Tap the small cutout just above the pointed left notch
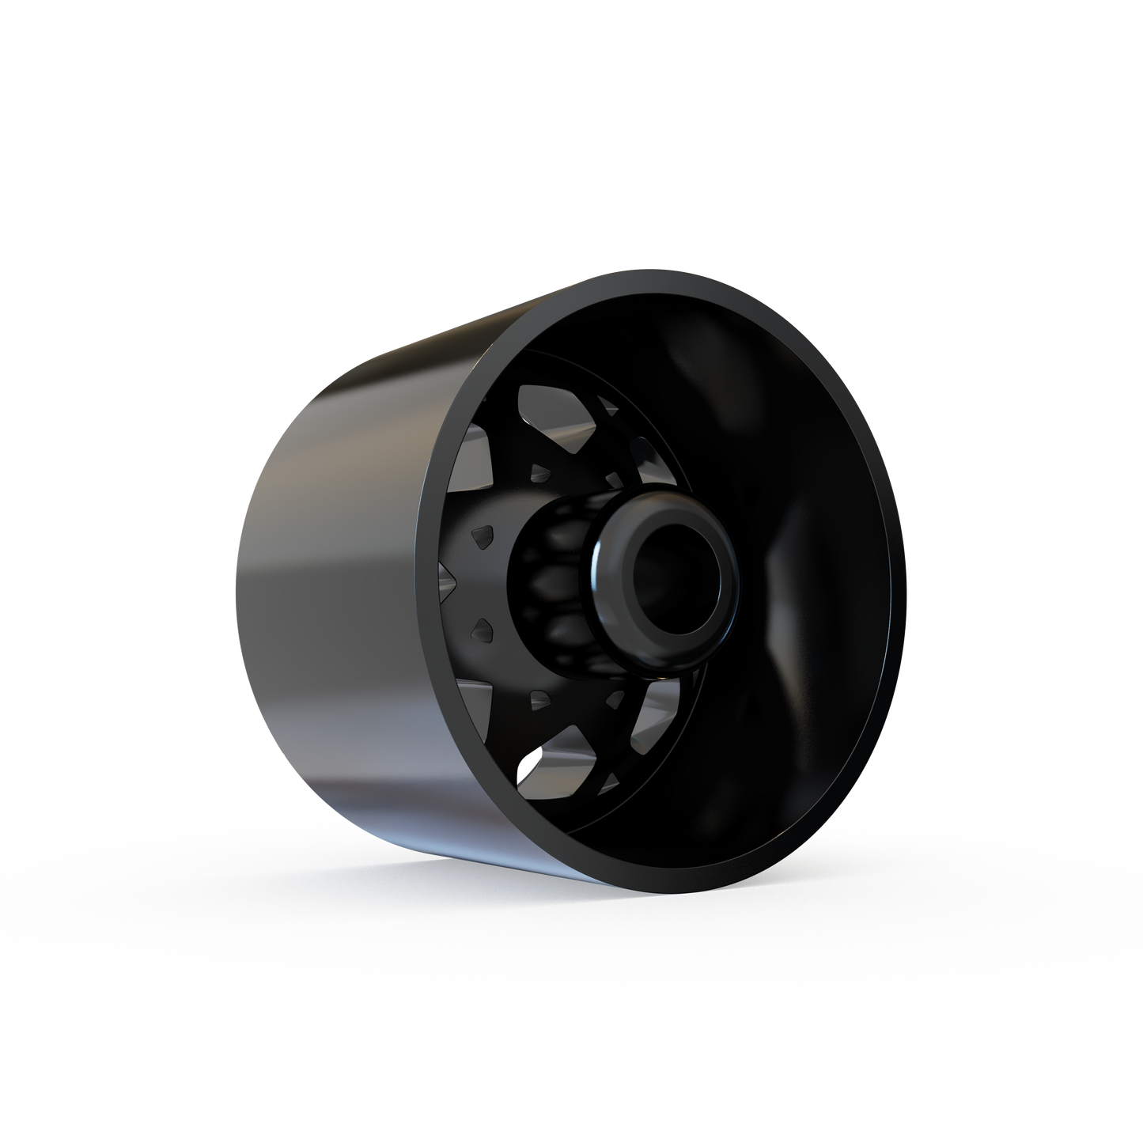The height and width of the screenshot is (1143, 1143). click(483, 538)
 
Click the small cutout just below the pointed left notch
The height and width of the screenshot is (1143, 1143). click(483, 630)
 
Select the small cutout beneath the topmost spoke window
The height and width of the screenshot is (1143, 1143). click(541, 473)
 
